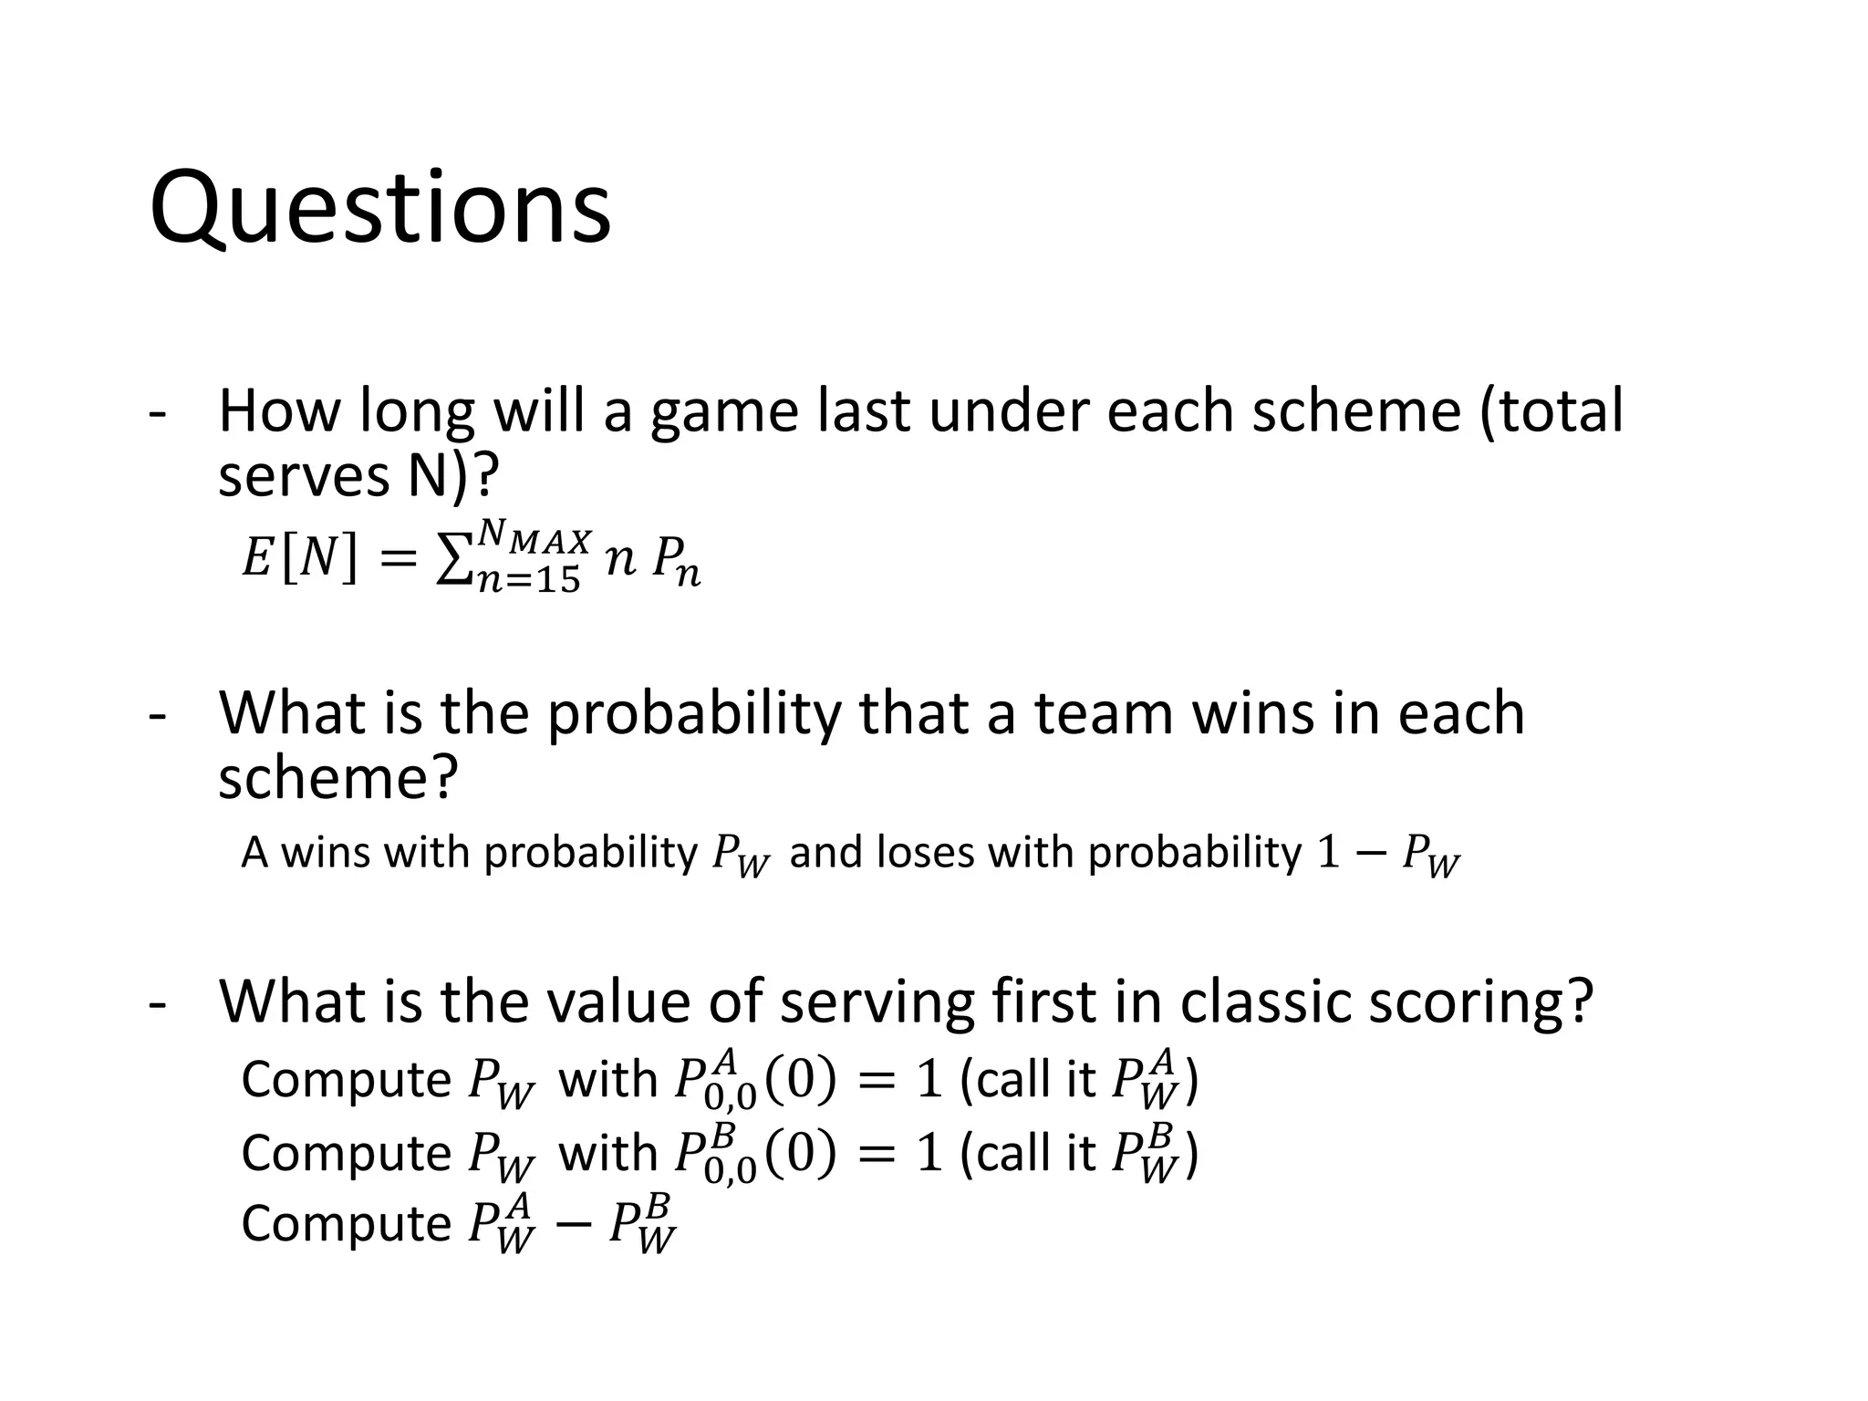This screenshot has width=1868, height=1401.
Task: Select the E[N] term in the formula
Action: pos(298,557)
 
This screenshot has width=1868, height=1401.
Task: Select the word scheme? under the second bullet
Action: pos(337,778)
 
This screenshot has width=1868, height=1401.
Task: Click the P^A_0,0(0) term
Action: pos(754,1080)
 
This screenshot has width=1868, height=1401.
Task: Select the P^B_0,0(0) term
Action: pos(754,1153)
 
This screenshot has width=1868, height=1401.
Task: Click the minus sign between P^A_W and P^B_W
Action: pos(572,1224)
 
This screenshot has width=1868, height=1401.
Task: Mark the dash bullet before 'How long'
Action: pos(157,413)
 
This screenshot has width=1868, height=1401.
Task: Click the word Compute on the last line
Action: pos(346,1224)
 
